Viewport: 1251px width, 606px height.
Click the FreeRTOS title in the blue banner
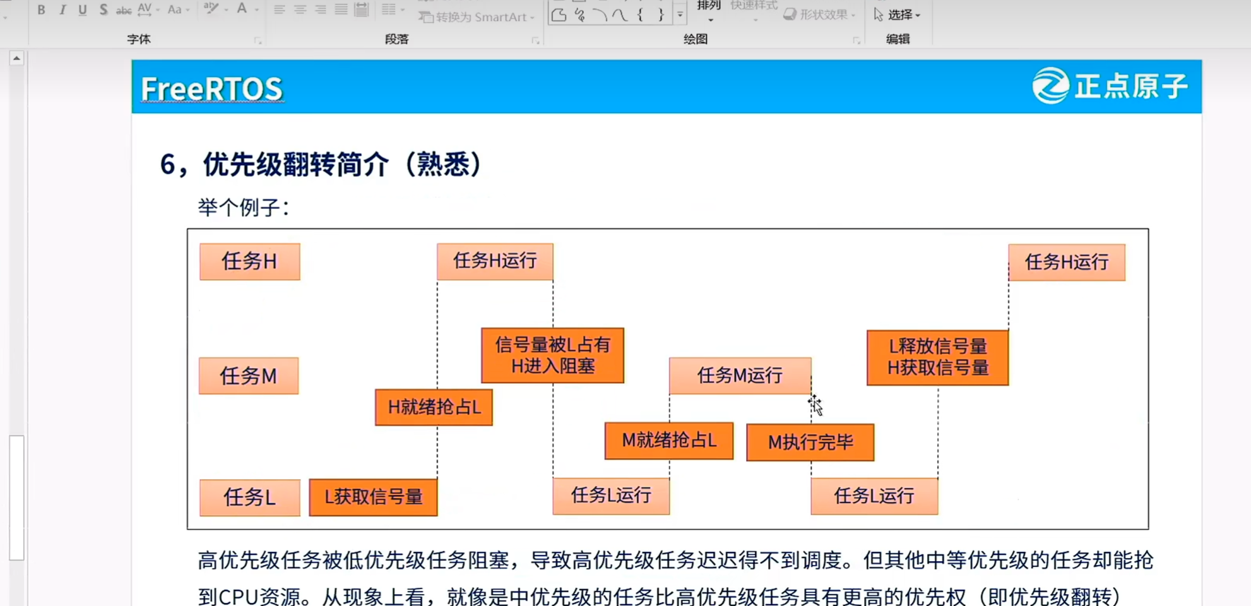pyautogui.click(x=211, y=89)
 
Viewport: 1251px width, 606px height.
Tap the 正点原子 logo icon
pyautogui.click(x=1050, y=86)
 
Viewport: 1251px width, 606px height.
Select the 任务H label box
pyautogui.click(x=249, y=261)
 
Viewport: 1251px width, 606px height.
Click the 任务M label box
pyautogui.click(x=249, y=376)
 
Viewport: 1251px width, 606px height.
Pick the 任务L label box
pyautogui.click(x=249, y=497)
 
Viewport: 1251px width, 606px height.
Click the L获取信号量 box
pyautogui.click(x=373, y=497)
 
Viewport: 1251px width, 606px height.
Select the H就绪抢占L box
pyautogui.click(x=434, y=407)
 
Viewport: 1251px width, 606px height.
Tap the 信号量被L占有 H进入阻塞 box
pyautogui.click(x=552, y=355)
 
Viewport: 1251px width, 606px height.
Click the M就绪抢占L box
pyautogui.click(x=669, y=441)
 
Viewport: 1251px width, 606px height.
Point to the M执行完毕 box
pyautogui.click(x=810, y=443)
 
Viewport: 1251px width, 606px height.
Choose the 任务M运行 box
pyautogui.click(x=740, y=376)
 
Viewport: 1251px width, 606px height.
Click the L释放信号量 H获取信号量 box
pyautogui.click(x=937, y=357)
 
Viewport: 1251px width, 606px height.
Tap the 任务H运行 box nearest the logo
pyautogui.click(x=1067, y=262)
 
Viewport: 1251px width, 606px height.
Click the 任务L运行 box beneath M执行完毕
pyautogui.click(x=874, y=496)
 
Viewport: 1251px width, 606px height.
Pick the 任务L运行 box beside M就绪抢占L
pyautogui.click(x=611, y=496)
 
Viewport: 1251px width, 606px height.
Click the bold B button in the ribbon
pyautogui.click(x=41, y=9)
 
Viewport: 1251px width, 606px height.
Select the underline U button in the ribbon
pyautogui.click(x=83, y=9)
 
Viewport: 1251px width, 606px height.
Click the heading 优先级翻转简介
pyautogui.click(x=322, y=165)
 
